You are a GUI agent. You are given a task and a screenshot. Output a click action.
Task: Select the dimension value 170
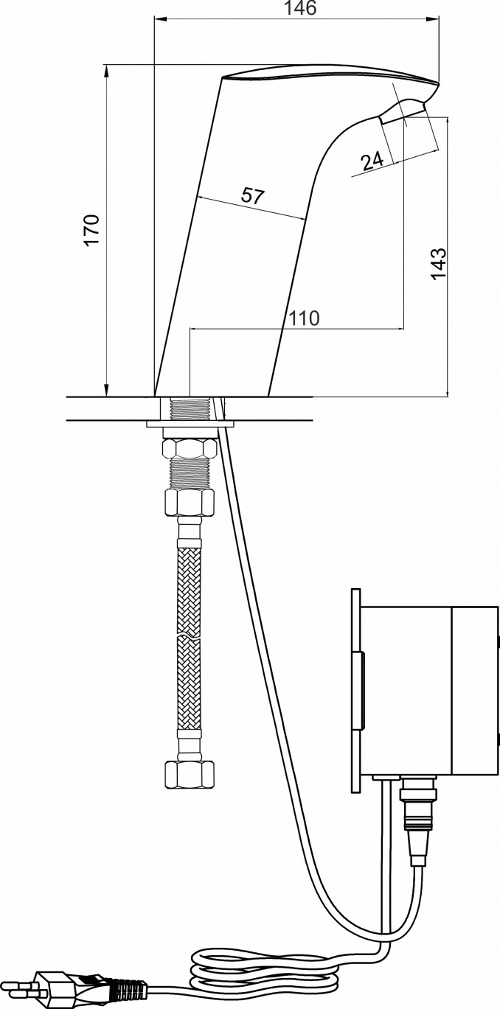click(x=92, y=230)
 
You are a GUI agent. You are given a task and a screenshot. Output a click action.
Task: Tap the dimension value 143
click(x=438, y=264)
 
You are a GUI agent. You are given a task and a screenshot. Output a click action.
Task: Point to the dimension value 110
click(x=304, y=318)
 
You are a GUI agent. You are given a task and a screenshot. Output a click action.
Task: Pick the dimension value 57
click(x=252, y=196)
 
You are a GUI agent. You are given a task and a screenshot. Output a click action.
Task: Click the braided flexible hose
click(x=190, y=639)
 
